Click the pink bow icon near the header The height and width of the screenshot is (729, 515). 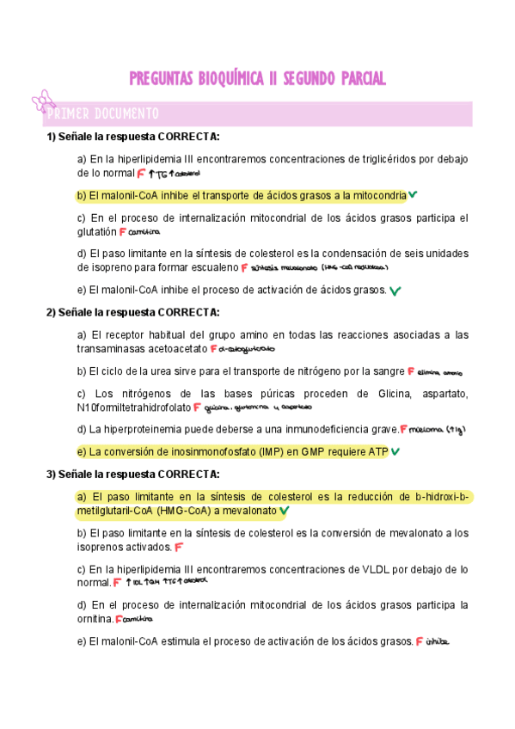[42, 102]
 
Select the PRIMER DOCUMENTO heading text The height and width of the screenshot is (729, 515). [103, 113]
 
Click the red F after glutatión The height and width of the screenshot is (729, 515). [123, 231]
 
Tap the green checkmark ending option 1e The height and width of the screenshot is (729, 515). [395, 291]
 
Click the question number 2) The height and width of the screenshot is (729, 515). [52, 312]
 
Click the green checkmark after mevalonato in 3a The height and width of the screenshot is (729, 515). [285, 511]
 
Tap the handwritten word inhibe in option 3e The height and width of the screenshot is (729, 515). [438, 641]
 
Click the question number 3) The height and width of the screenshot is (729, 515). [52, 474]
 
